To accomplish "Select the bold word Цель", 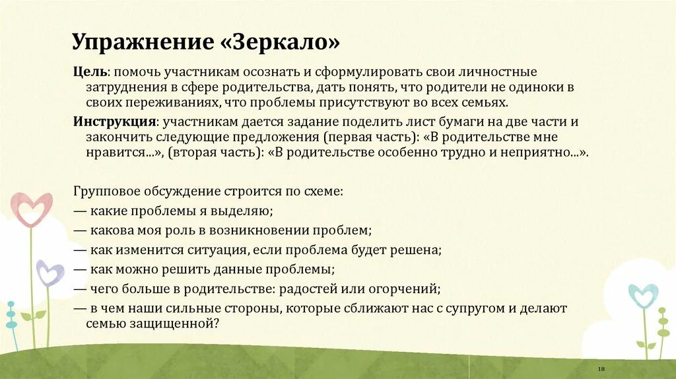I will pyautogui.click(x=90, y=71).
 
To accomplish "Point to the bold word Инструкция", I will pyautogui.click(x=115, y=122).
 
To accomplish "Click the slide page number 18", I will pyautogui.click(x=601, y=368).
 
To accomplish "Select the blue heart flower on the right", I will pyautogui.click(x=642, y=296).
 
